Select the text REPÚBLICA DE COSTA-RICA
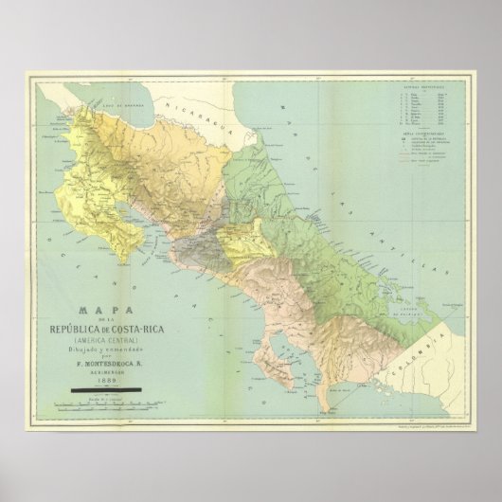click(x=100, y=329)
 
